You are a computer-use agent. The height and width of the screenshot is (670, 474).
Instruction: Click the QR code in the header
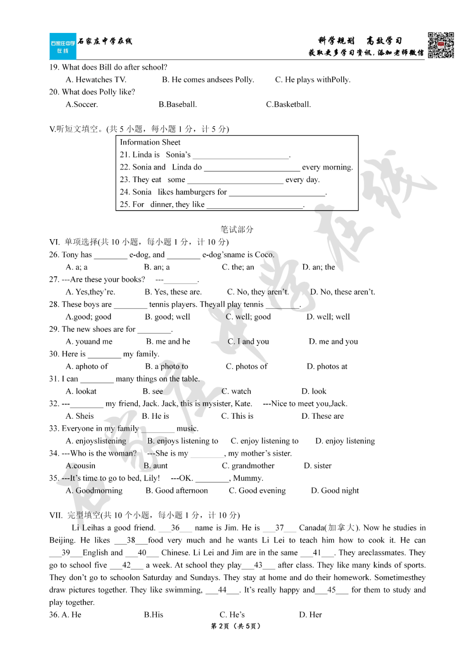click(441, 45)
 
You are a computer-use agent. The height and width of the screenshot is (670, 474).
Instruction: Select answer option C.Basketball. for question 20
click(288, 104)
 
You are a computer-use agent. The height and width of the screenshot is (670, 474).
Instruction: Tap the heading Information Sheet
click(150, 142)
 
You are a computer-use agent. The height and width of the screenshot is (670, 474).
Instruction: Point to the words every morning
click(327, 167)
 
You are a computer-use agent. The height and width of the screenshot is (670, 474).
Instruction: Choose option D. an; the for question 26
click(318, 267)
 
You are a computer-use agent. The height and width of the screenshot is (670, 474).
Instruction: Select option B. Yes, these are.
click(173, 292)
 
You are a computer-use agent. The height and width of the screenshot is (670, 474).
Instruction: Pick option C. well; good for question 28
click(248, 317)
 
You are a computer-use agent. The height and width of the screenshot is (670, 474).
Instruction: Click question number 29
click(54, 329)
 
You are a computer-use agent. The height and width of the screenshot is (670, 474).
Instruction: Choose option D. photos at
click(327, 366)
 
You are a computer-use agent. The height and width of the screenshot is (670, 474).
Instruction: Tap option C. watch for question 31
click(236, 391)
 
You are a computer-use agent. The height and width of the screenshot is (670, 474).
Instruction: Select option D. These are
click(322, 416)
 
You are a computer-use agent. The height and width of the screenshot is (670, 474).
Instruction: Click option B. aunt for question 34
click(155, 466)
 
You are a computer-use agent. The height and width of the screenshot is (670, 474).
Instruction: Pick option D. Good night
click(334, 491)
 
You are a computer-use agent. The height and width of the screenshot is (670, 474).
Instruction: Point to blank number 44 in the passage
click(222, 590)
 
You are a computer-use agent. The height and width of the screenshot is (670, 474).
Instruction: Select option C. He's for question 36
click(232, 615)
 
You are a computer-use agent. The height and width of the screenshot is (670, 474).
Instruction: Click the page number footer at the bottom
click(236, 626)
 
